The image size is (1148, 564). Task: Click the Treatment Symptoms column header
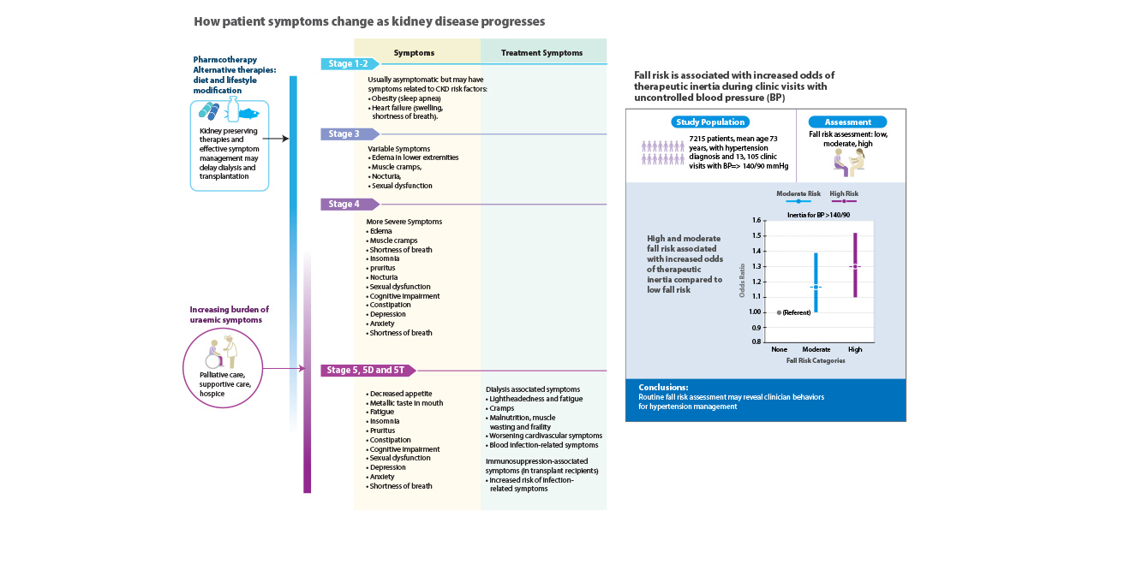tap(541, 53)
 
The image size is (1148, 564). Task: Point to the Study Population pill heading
tap(710, 122)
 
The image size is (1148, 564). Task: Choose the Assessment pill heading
tap(847, 122)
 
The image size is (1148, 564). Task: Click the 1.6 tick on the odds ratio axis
tap(756, 220)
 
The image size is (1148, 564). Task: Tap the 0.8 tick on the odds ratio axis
tap(756, 341)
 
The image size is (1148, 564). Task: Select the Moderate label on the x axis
tap(816, 349)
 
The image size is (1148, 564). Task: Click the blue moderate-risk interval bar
tap(816, 282)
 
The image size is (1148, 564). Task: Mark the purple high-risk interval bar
tap(855, 265)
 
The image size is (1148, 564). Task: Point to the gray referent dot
tap(779, 312)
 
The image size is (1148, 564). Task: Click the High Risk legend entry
tap(844, 197)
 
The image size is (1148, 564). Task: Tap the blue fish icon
tap(249, 114)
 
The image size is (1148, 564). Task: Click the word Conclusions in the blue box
tap(663, 388)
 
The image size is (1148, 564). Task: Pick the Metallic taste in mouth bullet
tap(404, 403)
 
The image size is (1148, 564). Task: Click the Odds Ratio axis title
tap(742, 281)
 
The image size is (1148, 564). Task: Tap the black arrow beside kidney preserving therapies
tap(276, 139)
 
